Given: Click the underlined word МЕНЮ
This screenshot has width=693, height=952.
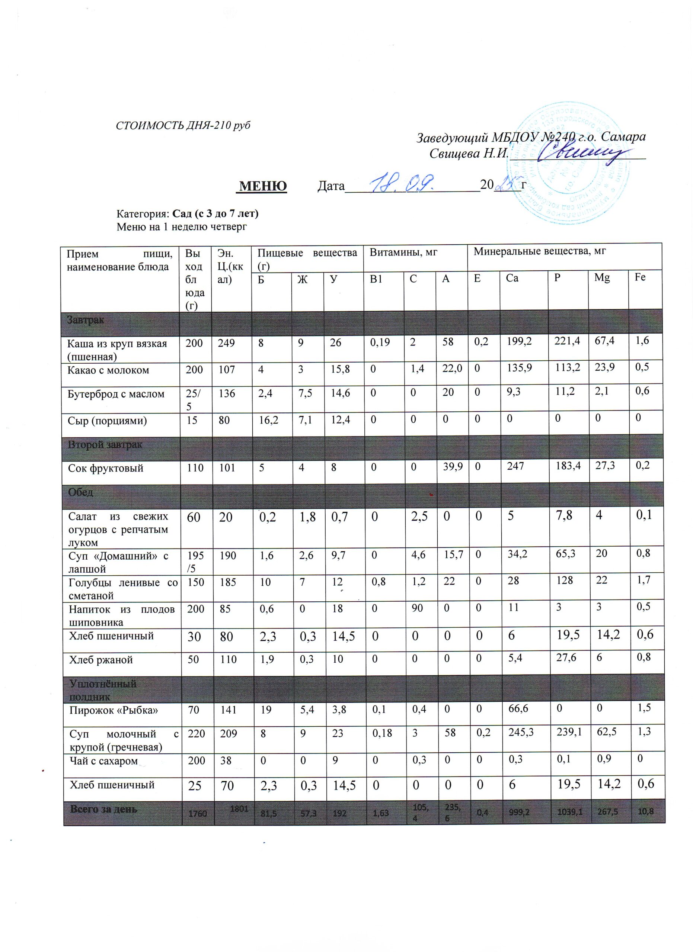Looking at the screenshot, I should [263, 185].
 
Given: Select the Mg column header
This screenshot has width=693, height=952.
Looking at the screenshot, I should [601, 278].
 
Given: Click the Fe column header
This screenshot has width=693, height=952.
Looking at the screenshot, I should [640, 277].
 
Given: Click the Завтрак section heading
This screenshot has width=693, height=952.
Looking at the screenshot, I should [86, 320].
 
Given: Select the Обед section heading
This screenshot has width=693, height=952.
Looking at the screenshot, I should [81, 492].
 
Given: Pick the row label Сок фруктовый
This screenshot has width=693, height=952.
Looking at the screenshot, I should [106, 468].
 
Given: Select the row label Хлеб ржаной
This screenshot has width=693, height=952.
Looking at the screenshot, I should [101, 659].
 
